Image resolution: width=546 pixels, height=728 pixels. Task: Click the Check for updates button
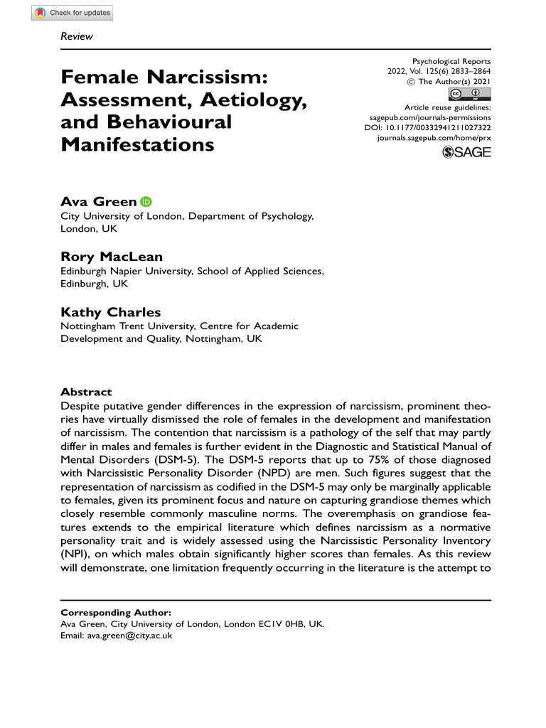72,13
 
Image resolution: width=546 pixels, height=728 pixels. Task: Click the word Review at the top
77,36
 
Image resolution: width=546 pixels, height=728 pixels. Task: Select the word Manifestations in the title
137,144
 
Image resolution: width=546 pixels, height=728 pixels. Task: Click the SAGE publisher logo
466,151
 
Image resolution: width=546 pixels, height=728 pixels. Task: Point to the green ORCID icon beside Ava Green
146,202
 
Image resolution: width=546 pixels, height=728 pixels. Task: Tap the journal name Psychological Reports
451,62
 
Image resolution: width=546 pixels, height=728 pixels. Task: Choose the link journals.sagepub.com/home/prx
434,137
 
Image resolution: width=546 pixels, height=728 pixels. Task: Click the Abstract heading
86,392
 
